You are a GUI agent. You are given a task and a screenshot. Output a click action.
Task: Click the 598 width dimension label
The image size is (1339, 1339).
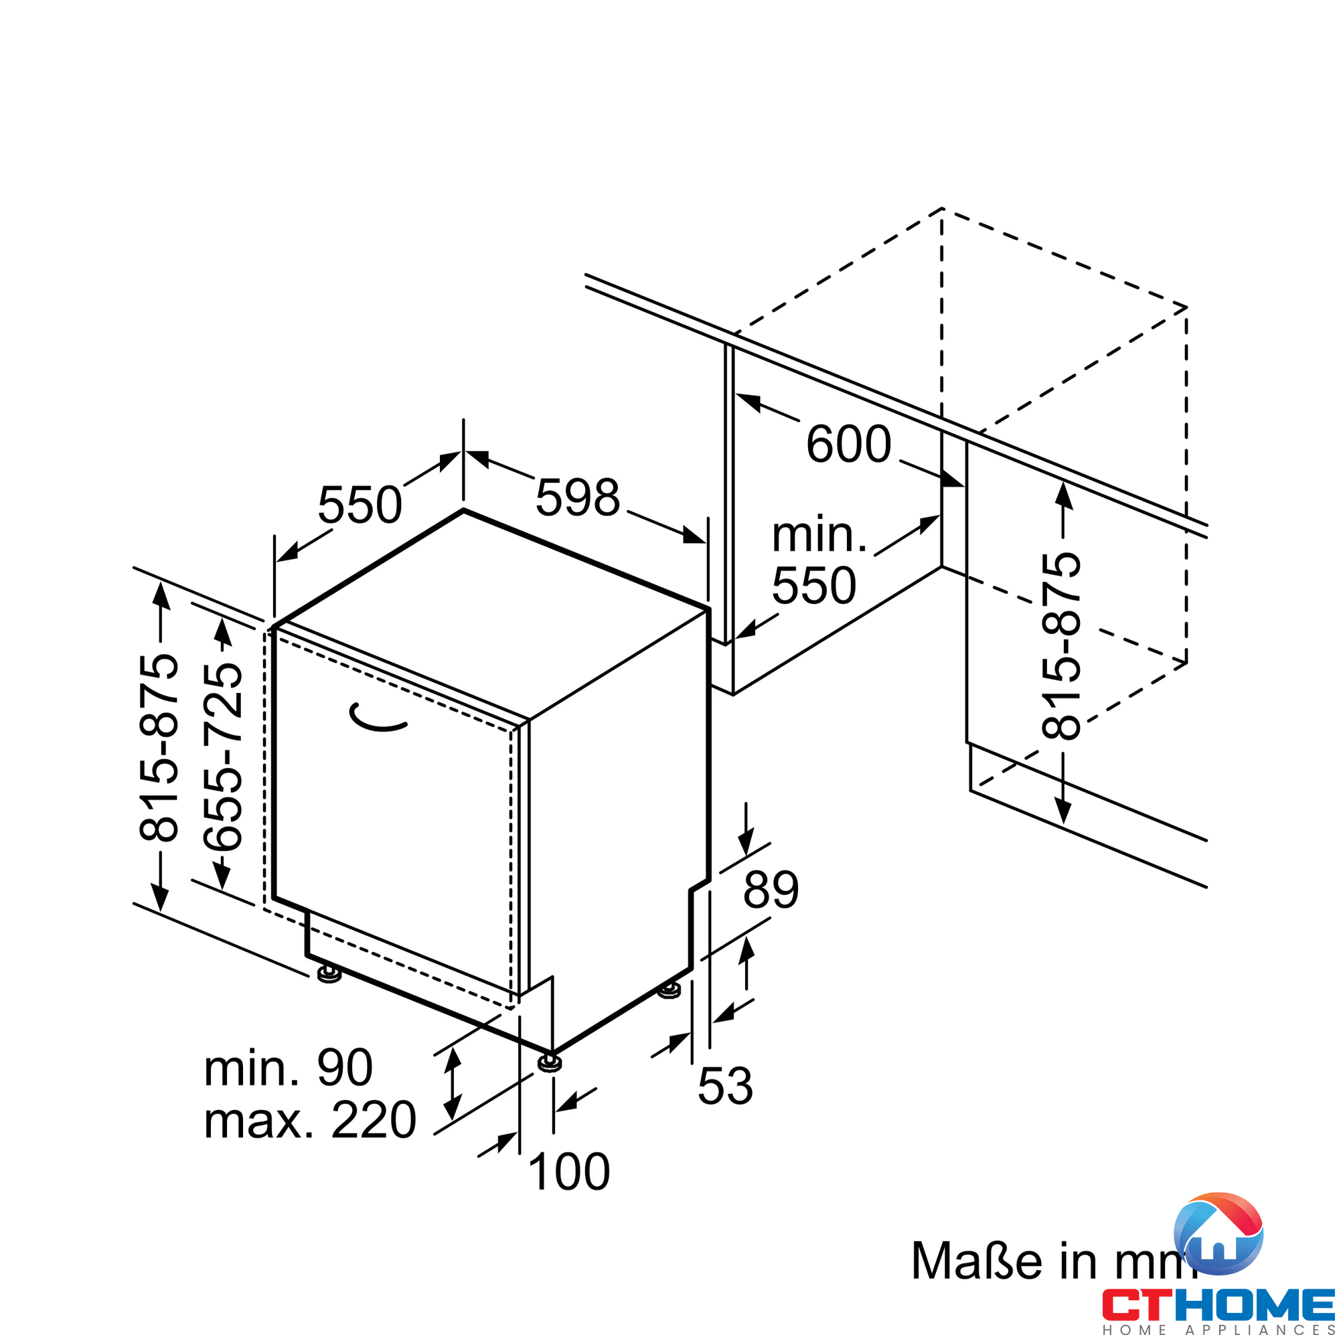coord(577,497)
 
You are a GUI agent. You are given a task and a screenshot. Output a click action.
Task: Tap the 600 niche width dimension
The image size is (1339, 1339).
coord(848,444)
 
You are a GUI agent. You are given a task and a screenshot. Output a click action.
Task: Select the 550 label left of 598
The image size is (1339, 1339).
coord(360,505)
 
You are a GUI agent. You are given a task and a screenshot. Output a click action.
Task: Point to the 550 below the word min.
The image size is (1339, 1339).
coord(813,586)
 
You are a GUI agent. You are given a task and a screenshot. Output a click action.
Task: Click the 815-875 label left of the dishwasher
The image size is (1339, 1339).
coord(159,747)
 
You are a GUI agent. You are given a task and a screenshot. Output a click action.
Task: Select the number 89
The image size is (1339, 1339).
coord(771,890)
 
